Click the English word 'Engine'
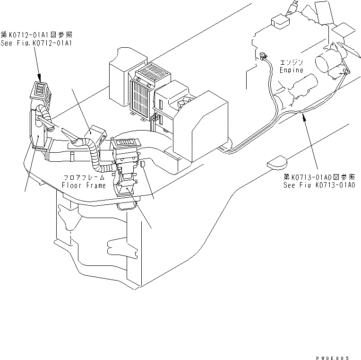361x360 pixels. (x=291, y=70)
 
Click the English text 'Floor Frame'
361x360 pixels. (x=85, y=185)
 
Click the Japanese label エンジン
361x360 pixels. (x=292, y=62)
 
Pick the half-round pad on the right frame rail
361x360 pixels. (x=277, y=162)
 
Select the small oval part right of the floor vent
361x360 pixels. (x=142, y=164)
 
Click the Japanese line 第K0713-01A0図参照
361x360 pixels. (x=319, y=177)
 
